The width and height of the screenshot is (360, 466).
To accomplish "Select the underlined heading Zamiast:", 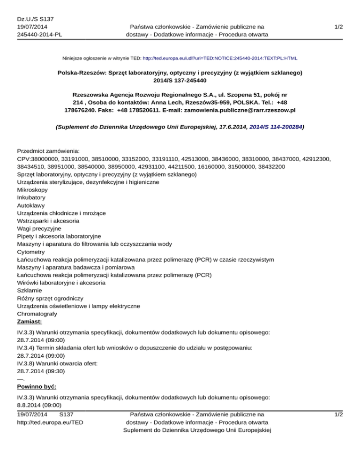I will click(x=30, y=322).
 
